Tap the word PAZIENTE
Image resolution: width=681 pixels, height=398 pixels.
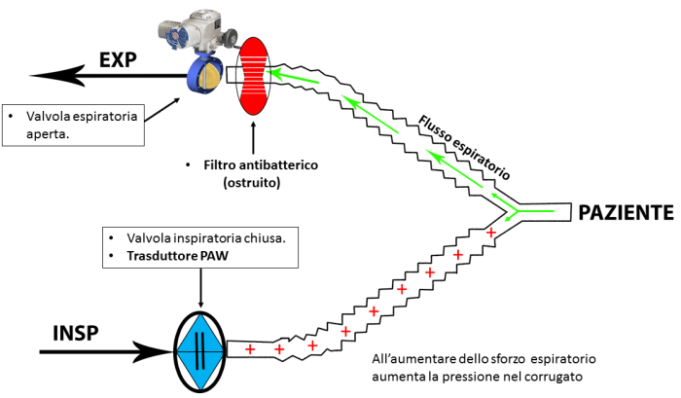pos(626,211)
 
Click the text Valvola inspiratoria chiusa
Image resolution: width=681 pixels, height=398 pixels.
pos(195,238)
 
